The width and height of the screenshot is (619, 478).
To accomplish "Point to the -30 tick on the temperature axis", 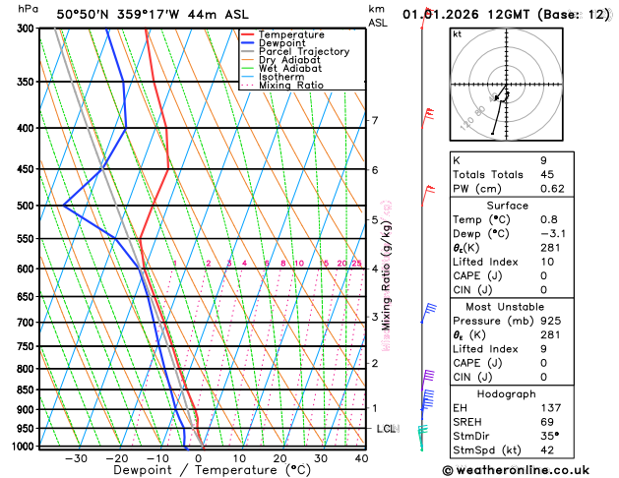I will tap(75, 458).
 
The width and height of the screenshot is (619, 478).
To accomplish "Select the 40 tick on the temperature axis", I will tap(361, 458).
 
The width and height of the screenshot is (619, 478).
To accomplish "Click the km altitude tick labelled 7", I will tap(374, 121).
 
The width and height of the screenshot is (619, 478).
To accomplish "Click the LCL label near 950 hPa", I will tap(386, 429).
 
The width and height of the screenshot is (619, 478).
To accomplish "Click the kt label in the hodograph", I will tap(457, 34).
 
